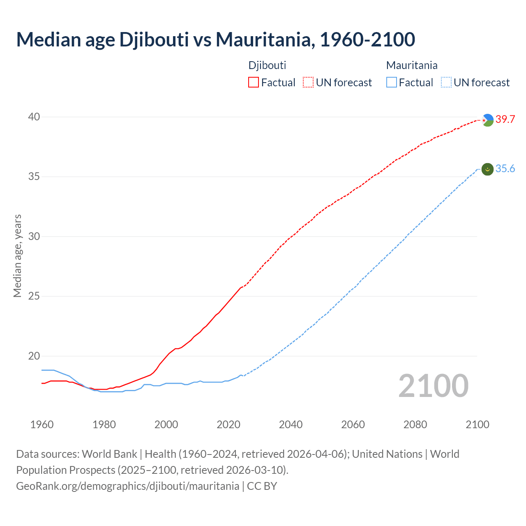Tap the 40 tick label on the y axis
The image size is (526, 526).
click(34, 117)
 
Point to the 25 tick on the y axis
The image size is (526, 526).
click(34, 296)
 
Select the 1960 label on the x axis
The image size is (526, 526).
click(42, 424)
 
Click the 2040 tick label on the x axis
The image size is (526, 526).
click(291, 424)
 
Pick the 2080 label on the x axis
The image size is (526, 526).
click(415, 424)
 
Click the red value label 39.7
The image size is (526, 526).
click(505, 120)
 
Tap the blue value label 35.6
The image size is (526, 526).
click(505, 169)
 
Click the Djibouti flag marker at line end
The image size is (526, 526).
click(487, 120)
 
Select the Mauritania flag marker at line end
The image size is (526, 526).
click(487, 169)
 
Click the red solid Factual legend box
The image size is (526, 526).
click(254, 83)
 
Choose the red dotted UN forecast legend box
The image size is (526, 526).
click(308, 83)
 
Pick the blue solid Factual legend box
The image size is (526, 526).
click(392, 83)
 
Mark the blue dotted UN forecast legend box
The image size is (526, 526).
click(446, 83)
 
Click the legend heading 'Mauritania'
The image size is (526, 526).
click(412, 65)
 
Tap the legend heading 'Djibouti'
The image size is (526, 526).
click(267, 65)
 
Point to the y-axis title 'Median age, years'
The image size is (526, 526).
click(17, 256)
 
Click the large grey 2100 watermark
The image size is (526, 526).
click(433, 386)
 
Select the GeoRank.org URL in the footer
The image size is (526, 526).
click(127, 486)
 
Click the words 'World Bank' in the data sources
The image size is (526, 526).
click(109, 454)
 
